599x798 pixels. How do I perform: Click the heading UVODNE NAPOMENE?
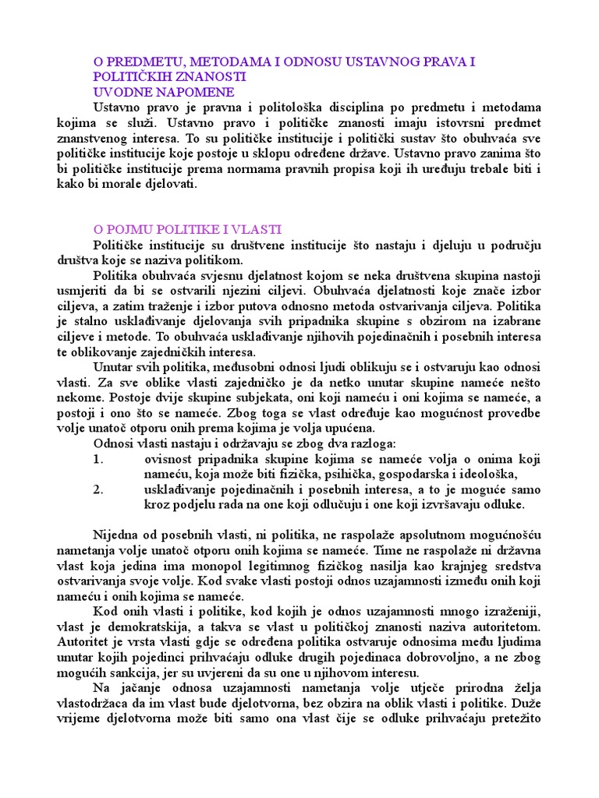point(153,92)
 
